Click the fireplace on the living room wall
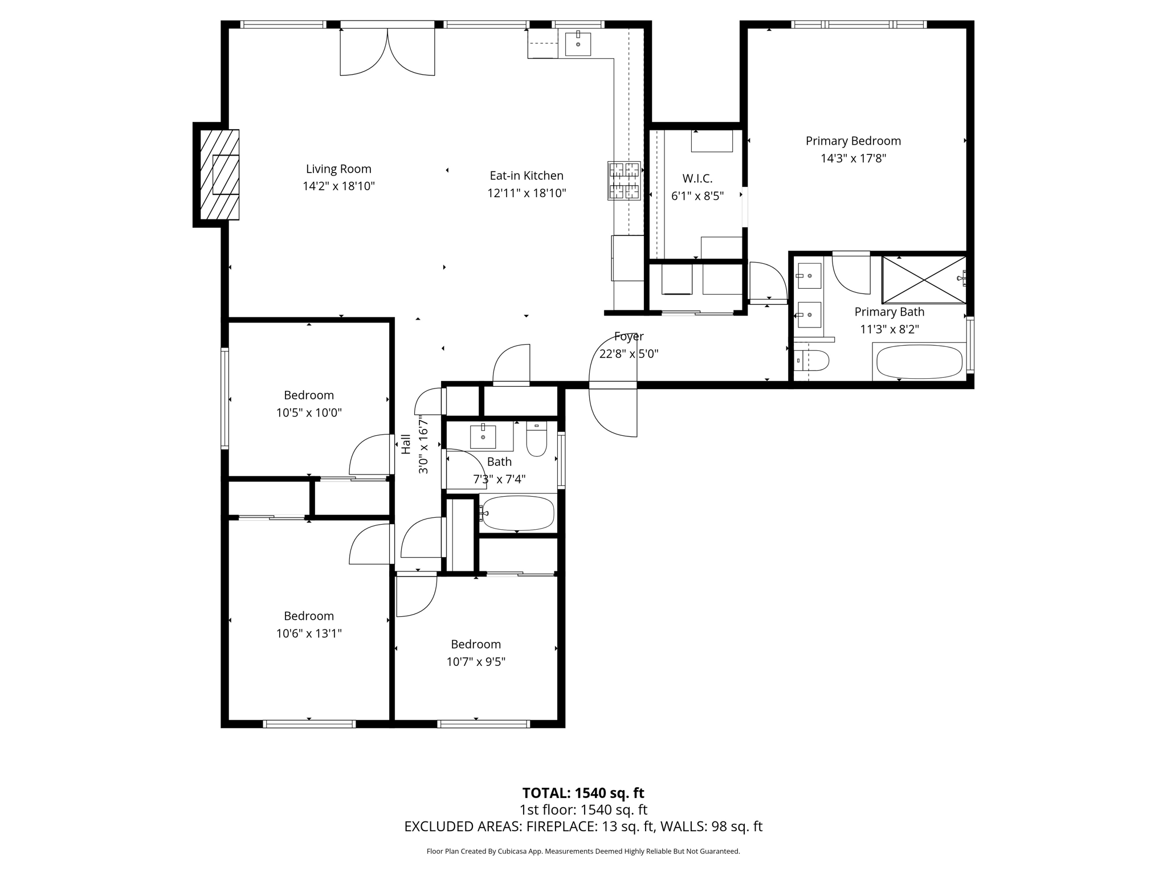point(219,174)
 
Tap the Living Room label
point(338,169)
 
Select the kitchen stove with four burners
point(624,181)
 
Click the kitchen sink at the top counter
point(578,44)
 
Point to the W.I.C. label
point(697,178)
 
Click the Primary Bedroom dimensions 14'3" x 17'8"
point(853,158)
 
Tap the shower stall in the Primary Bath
point(923,280)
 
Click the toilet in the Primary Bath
point(811,360)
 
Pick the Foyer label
point(629,336)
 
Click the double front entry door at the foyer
point(613,385)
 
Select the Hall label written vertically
point(406,444)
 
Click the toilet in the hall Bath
point(536,439)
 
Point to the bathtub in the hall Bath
point(517,513)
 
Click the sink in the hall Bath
point(483,436)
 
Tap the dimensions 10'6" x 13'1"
point(309,633)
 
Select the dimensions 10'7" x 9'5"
point(476,662)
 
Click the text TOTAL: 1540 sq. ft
point(583,793)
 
